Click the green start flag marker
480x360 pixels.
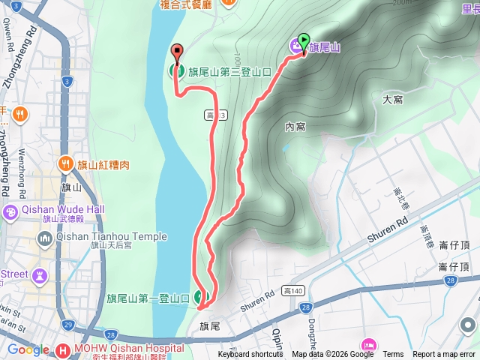304,40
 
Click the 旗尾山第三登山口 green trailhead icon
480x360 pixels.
177,72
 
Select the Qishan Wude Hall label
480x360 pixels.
63,209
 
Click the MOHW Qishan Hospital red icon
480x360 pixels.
63,349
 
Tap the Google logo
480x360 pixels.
28,349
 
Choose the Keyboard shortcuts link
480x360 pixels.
250,355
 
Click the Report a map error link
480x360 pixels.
444,355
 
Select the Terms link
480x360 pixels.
393,355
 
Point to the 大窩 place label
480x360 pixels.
392,98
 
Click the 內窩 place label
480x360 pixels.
295,127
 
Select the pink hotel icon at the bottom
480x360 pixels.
368,344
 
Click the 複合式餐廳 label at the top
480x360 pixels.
187,4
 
